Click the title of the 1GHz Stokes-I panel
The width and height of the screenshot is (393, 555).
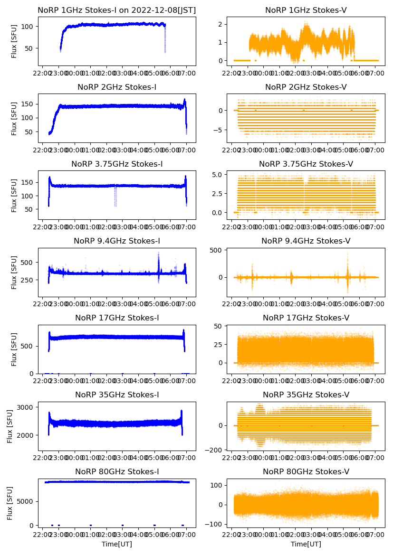pos(117,10)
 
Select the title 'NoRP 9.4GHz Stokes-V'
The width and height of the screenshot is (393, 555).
pos(306,241)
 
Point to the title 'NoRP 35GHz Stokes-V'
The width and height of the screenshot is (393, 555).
pos(306,395)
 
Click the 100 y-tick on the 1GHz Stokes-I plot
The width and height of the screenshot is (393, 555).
pos(28,26)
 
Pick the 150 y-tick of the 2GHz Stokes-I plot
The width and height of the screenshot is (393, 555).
pos(28,103)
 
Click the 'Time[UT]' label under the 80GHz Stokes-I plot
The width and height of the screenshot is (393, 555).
pos(117,544)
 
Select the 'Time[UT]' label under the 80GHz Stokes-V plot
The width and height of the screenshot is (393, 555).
pos(306,544)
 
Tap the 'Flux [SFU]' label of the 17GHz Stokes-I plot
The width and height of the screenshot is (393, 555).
pos(14,349)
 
